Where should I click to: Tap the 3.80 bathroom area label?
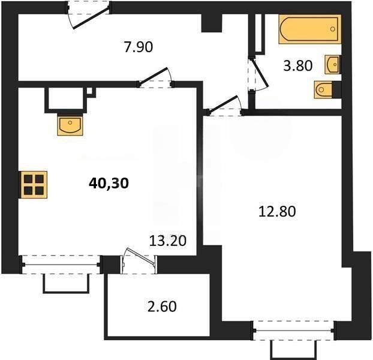(x=297, y=65)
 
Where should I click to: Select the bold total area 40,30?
(x=109, y=184)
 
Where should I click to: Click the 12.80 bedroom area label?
(x=277, y=211)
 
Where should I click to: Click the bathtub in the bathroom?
(x=308, y=29)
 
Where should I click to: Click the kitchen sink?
(x=71, y=125)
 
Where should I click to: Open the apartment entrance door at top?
(x=88, y=13)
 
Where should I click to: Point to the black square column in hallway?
(x=210, y=23)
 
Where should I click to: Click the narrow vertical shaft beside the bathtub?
(x=260, y=33)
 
